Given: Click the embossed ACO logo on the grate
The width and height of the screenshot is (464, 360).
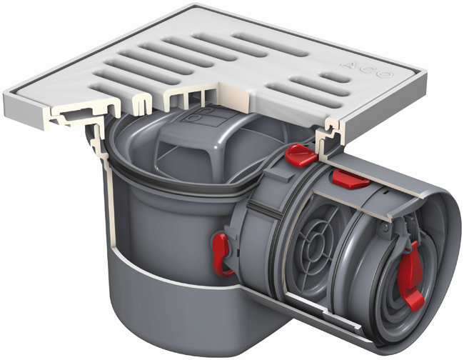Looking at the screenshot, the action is (x=367, y=69).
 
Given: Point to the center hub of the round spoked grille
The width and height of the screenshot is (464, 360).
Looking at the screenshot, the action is (x=314, y=244).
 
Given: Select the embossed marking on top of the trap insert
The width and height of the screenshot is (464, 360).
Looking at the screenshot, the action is (x=205, y=116).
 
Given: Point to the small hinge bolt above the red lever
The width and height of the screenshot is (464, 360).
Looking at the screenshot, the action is (x=385, y=226).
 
